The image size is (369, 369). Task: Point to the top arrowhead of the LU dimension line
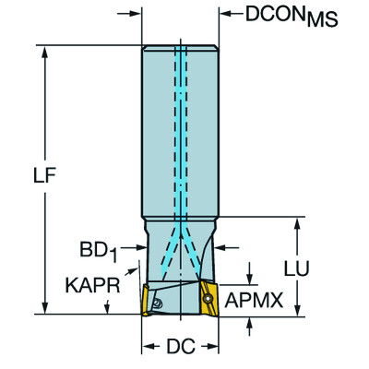point(297,223)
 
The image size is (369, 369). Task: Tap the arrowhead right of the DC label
point(213,348)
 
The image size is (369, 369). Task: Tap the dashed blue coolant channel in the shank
point(181,129)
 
